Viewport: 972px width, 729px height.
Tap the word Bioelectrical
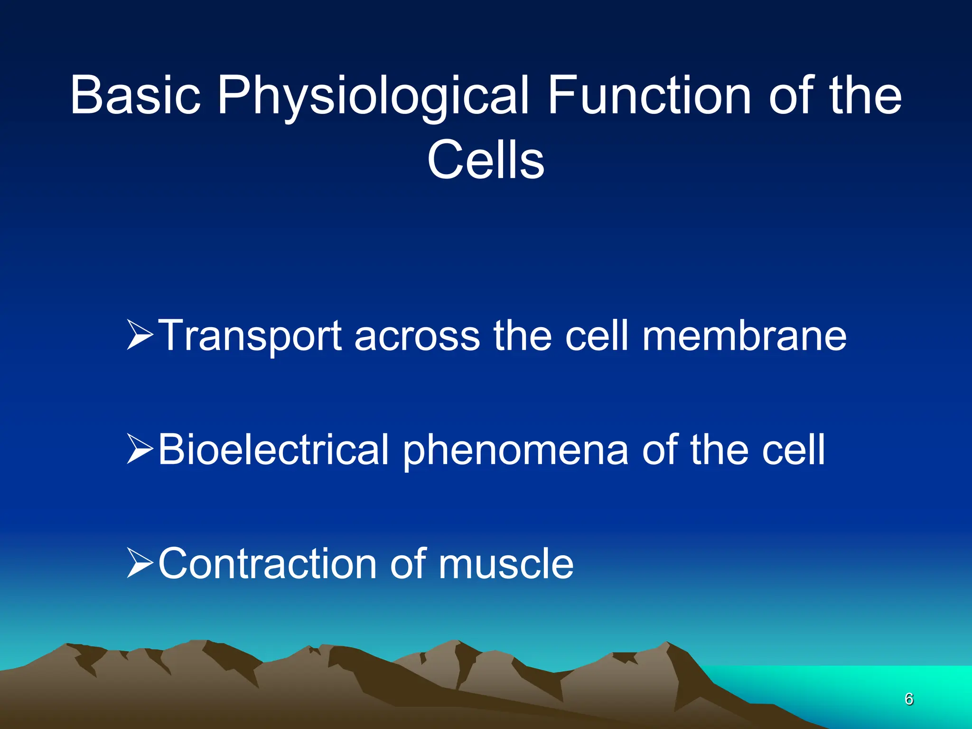(273, 449)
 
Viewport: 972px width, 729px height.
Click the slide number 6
(909, 699)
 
